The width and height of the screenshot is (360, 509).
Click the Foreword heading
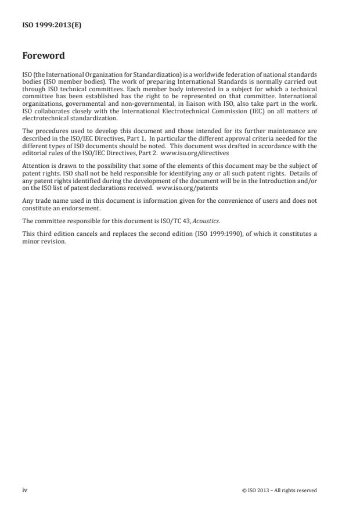[43, 56]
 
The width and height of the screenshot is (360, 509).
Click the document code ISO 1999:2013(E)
[51, 26]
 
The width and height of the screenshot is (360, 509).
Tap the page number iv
[24, 490]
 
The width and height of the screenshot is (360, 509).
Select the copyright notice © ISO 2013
[279, 490]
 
